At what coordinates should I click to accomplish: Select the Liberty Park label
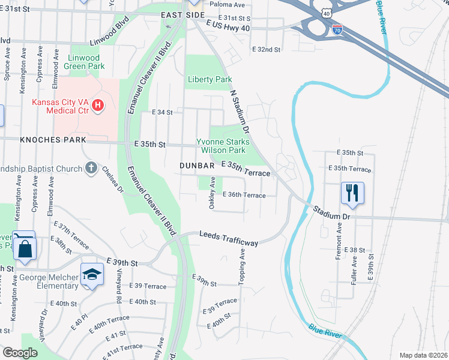(209, 79)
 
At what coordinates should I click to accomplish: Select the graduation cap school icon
(91, 274)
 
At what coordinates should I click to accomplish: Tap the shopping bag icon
(25, 248)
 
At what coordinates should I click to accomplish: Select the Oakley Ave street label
(212, 193)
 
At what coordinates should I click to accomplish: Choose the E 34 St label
(162, 112)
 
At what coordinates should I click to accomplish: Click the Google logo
(20, 353)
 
